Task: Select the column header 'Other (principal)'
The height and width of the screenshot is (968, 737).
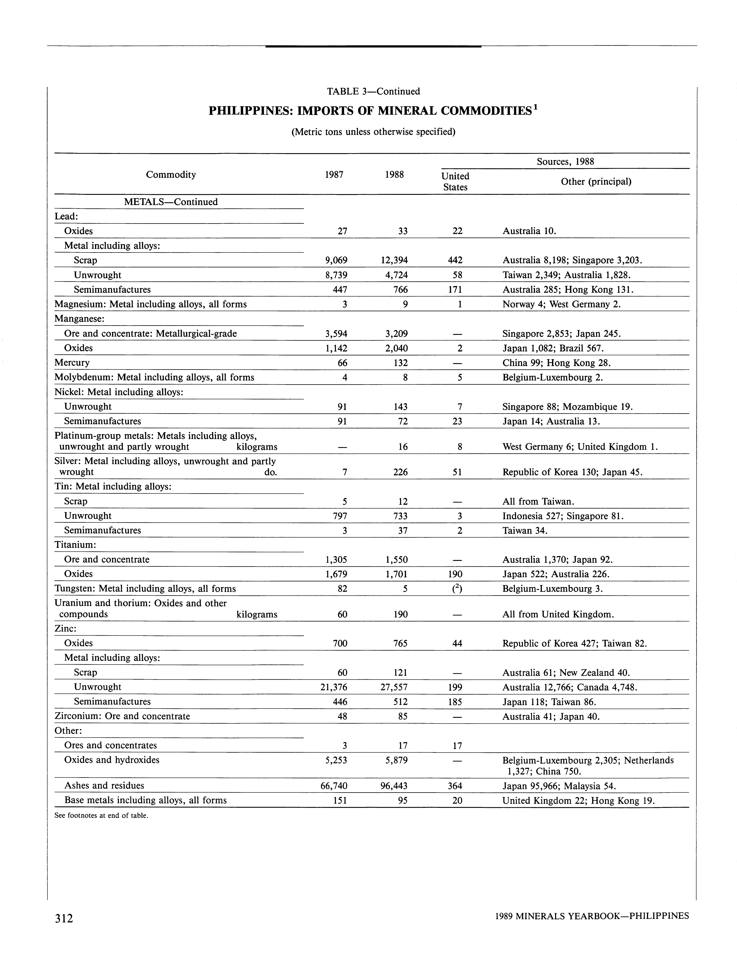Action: coord(596,182)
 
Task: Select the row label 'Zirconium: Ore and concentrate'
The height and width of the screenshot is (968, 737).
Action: coord(122,716)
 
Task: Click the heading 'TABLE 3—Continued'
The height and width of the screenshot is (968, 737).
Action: coord(373,91)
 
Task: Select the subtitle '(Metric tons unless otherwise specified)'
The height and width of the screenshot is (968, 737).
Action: coord(373,132)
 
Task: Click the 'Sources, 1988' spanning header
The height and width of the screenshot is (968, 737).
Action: coord(565,161)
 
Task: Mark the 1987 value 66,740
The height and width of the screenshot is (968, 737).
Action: coord(334,786)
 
